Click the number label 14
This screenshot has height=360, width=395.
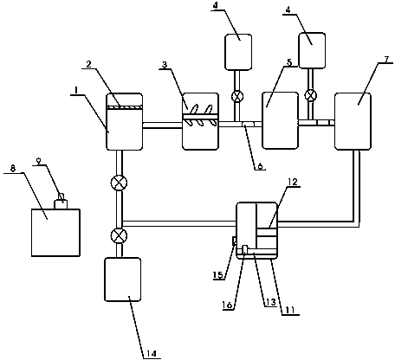pos(152,353)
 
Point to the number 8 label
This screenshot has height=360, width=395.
pos(13,169)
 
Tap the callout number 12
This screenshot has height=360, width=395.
pos(292,182)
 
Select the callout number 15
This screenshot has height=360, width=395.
pos(218,275)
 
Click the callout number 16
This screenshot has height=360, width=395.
pos(227,305)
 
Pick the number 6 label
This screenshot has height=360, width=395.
pos(261,166)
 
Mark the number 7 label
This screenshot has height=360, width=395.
pos(386,59)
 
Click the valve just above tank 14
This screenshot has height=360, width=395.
pos(119,235)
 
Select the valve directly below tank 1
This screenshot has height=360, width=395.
pos(119,183)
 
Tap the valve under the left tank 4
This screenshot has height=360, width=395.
pos(237,96)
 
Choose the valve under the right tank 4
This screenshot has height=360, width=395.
pos(311,95)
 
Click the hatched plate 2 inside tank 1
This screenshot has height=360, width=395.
pos(125,107)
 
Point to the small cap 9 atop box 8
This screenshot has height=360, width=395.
pos(61,202)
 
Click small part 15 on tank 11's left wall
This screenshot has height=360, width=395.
pos(235,241)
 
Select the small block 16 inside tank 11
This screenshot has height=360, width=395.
pos(244,249)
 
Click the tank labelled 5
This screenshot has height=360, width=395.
pos(280,120)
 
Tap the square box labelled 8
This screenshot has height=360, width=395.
pos(55,233)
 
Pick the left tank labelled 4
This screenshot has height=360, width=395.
pos(238,52)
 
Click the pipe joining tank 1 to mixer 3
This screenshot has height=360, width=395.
pos(163,125)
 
